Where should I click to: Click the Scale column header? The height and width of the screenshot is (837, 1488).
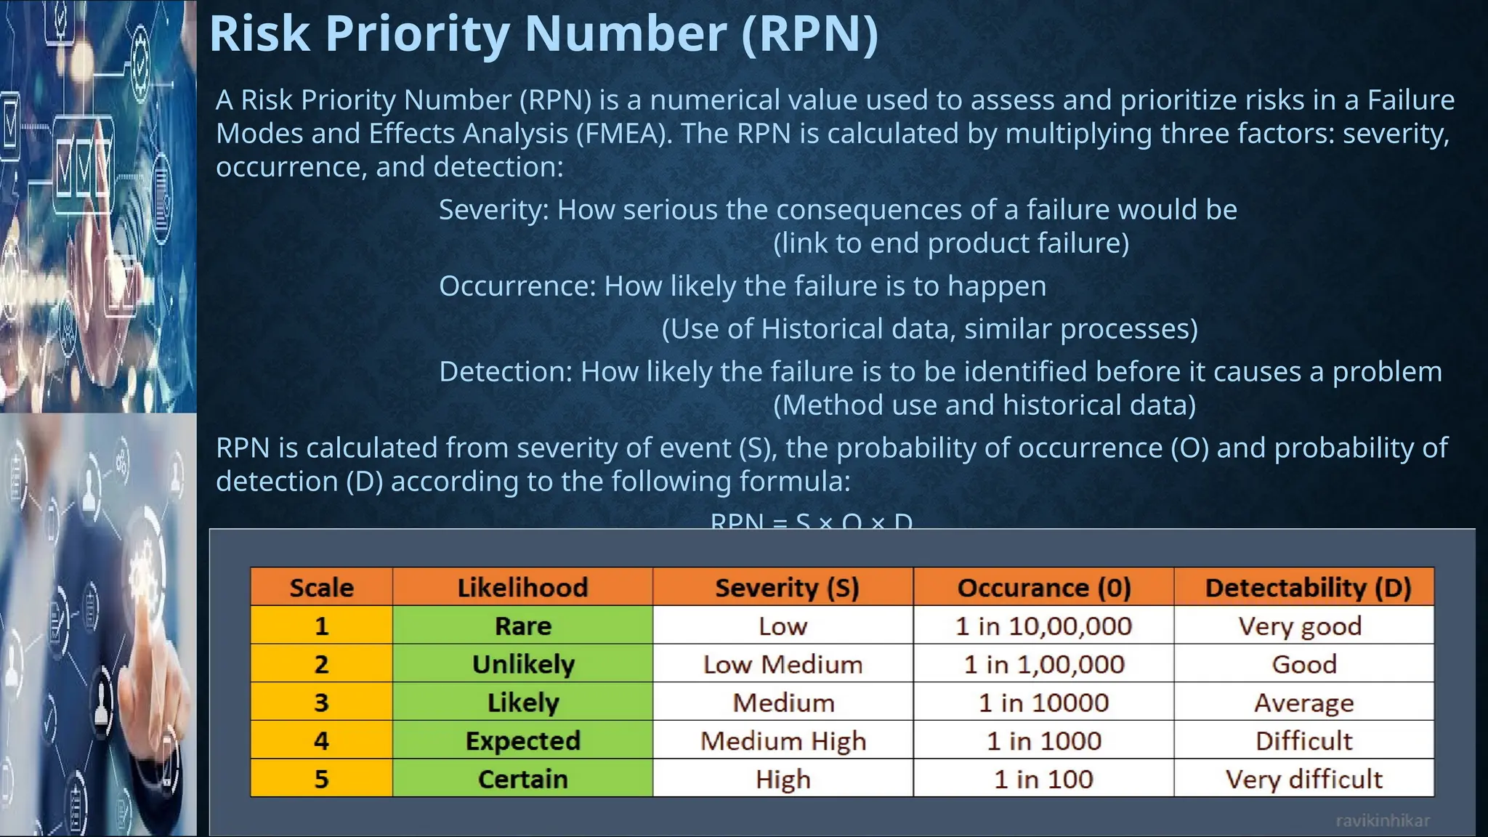coord(321,587)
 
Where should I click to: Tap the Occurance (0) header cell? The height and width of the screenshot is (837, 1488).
coord(1043,587)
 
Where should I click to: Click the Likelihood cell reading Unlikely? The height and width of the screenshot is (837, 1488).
coord(523,664)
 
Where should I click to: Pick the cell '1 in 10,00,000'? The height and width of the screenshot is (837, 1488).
coord(1043,626)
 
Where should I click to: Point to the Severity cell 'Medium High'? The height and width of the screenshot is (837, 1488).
coord(783,740)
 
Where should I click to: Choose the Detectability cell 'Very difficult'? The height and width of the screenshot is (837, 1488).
coord(1303,779)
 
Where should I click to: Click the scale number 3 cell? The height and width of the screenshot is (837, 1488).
coord(321,703)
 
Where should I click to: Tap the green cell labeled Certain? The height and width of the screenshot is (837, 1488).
coord(523,779)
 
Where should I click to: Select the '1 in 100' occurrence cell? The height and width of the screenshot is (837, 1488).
coord(1043,779)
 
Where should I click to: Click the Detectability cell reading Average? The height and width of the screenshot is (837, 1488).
coord(1303,703)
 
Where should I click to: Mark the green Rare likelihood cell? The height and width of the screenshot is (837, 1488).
coord(523,626)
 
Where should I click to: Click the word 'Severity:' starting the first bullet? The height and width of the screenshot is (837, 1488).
coord(494,210)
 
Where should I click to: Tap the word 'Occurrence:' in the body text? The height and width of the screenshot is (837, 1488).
coord(517,286)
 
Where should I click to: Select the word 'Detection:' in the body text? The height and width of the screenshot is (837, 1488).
coord(506,372)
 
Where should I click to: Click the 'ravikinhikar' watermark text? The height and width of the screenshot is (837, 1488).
coord(1382,821)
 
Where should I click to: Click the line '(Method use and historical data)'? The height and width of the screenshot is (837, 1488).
coord(984,405)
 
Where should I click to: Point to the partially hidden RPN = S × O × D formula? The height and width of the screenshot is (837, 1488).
coord(811,520)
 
